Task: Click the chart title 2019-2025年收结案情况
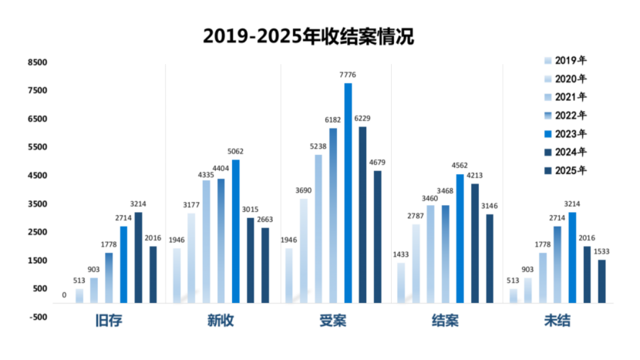click(309, 36)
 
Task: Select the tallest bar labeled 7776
click(348, 193)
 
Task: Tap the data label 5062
click(236, 152)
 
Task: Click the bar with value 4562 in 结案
click(460, 238)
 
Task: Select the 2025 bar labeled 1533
click(601, 281)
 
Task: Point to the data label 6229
click(362, 118)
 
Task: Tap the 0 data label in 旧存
click(64, 295)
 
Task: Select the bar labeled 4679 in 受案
click(378, 236)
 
